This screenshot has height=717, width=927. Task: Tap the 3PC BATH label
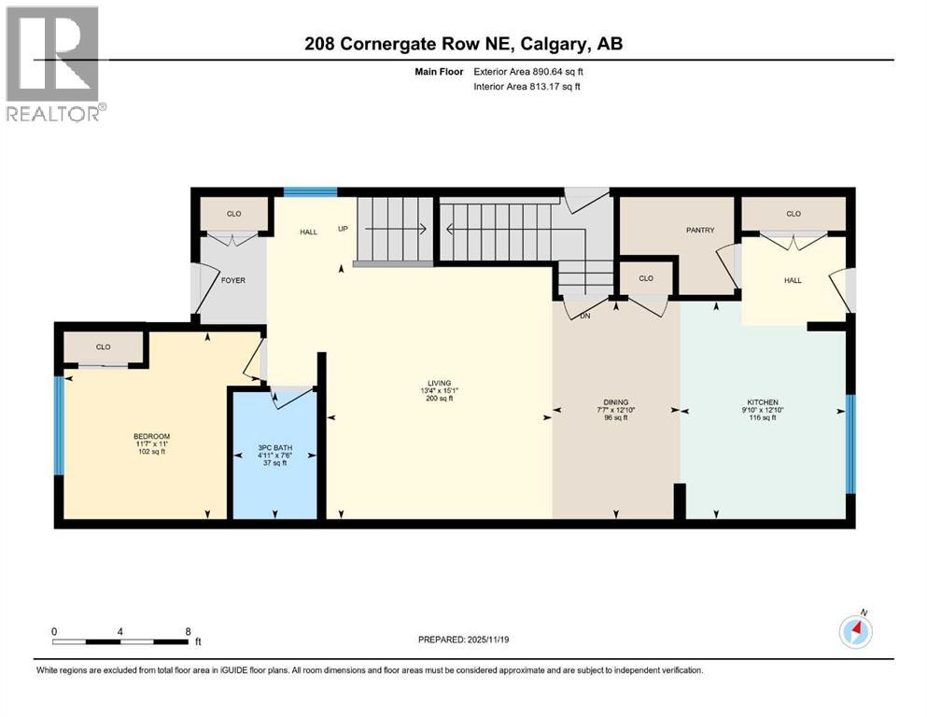(276, 448)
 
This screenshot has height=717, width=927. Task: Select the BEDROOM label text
(151, 436)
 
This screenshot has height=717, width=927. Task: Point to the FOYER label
(232, 280)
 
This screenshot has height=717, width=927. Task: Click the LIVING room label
(439, 383)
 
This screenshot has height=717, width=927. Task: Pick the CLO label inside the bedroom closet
(103, 347)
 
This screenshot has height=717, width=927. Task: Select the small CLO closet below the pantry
(645, 278)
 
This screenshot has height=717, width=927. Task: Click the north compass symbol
(855, 631)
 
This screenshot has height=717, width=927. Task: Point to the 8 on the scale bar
(188, 631)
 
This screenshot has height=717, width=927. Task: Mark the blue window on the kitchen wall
(850, 443)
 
